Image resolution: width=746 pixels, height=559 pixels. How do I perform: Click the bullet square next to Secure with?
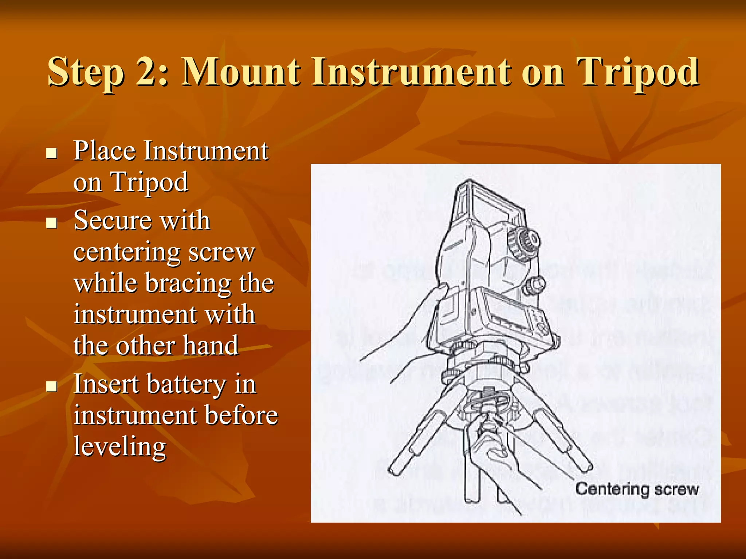tap(52, 223)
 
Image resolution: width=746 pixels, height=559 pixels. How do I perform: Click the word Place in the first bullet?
tap(105, 150)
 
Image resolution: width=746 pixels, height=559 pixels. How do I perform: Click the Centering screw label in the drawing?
tap(637, 489)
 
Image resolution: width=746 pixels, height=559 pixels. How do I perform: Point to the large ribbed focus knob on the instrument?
tap(523, 241)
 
